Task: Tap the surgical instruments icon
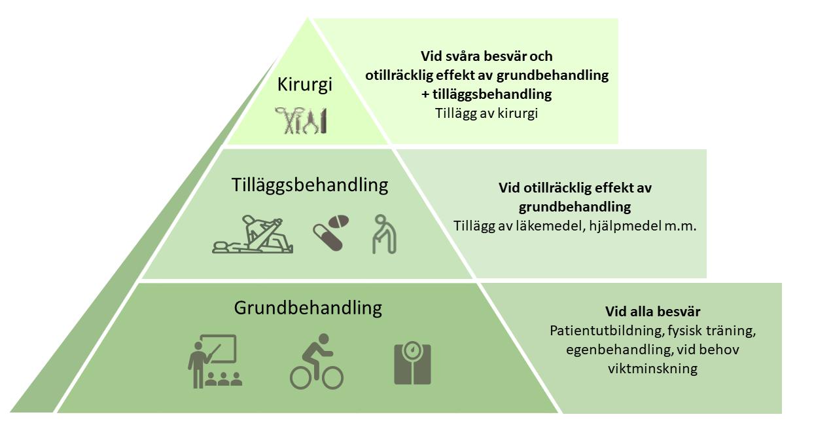(301, 120)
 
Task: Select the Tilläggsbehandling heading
(310, 185)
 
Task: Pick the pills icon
(330, 232)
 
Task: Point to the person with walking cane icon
(384, 234)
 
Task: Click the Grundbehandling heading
(308, 307)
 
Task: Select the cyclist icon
(317, 361)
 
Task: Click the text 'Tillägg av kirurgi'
(486, 113)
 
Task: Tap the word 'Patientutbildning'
(599, 331)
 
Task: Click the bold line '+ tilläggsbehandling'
(486, 94)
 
